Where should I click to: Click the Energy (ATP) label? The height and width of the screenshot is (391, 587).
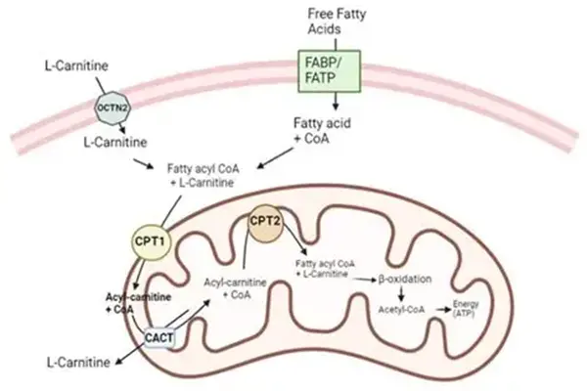(x=464, y=307)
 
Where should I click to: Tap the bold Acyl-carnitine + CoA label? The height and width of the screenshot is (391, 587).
(x=131, y=301)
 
